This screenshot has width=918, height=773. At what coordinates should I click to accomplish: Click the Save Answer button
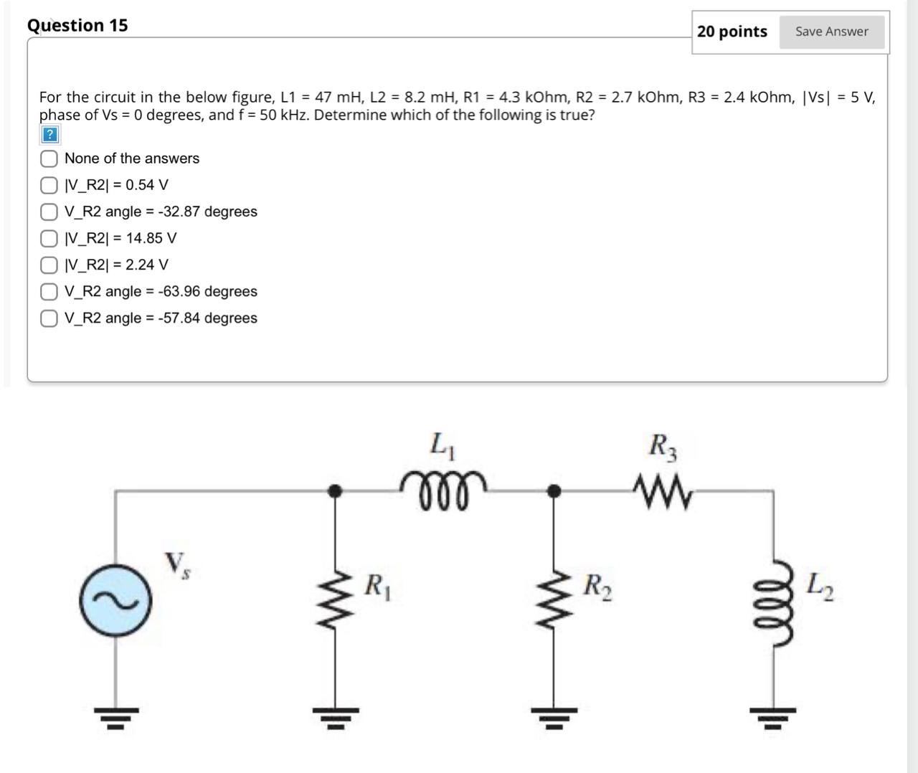click(x=831, y=32)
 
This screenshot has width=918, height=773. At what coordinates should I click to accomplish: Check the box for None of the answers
click(x=49, y=158)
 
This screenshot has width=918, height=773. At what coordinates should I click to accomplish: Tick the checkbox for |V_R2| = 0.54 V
click(x=49, y=185)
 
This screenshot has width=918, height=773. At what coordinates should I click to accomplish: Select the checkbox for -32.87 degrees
click(x=49, y=212)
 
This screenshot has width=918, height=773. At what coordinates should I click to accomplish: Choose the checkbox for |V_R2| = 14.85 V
click(x=49, y=238)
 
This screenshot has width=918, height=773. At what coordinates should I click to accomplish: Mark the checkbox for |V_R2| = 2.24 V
click(x=49, y=265)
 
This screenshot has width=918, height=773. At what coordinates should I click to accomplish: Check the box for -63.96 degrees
click(x=49, y=291)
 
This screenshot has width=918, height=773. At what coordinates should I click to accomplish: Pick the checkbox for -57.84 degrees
click(x=49, y=318)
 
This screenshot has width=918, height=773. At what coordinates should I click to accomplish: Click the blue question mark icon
click(x=49, y=134)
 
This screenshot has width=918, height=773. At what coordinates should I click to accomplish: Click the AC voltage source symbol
click(x=115, y=602)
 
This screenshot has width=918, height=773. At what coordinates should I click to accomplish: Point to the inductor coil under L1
click(x=443, y=488)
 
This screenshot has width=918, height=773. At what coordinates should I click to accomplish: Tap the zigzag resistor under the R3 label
click(x=663, y=493)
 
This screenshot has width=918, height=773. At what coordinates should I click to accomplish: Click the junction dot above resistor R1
click(x=334, y=490)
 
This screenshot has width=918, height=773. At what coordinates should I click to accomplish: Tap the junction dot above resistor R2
click(x=554, y=490)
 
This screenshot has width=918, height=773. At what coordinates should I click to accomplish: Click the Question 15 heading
click(x=77, y=25)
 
